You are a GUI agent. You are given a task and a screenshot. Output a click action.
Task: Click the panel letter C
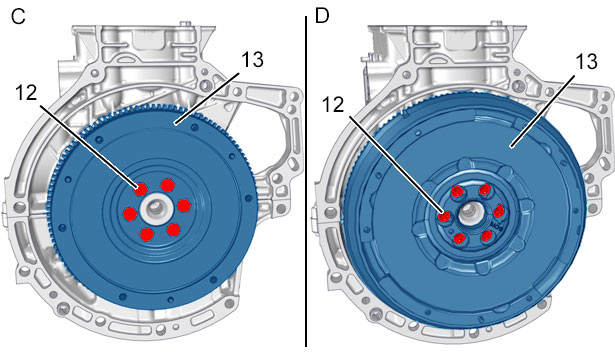[x=18, y=16]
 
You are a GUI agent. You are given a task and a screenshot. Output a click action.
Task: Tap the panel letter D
[x=322, y=16]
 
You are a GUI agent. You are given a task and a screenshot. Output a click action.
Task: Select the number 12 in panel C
[x=26, y=93]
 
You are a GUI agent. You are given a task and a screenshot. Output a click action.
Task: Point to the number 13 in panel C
[x=252, y=60]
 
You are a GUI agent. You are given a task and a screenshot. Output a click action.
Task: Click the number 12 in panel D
[x=333, y=105]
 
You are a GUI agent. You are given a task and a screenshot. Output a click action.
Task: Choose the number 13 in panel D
[x=586, y=62]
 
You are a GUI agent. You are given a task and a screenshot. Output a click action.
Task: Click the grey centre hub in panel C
[x=156, y=207]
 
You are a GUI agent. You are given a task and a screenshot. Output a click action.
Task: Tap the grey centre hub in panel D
[x=469, y=213]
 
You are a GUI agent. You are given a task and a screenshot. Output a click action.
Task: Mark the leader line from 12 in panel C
[x=89, y=148]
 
